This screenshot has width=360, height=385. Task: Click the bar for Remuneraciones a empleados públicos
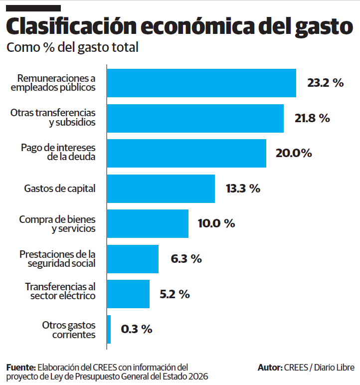[201, 83]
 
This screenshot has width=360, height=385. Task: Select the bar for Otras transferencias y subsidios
[195, 118]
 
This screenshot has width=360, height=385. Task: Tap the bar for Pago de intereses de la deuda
[186, 153]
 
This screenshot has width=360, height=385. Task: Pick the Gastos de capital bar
[161, 189]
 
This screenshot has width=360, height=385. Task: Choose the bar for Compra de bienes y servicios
[148, 223]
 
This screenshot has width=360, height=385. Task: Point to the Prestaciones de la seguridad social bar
[133, 259]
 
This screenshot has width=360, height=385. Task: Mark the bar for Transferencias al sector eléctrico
[128, 294]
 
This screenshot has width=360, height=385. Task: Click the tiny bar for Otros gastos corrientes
[109, 329]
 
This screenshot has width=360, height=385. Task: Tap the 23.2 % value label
[325, 83]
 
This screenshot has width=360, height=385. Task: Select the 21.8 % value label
[312, 118]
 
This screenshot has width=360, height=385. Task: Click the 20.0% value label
[294, 153]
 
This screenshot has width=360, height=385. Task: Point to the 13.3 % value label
[243, 189]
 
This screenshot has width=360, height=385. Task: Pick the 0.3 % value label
[136, 329]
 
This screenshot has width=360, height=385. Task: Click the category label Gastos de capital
[60, 189]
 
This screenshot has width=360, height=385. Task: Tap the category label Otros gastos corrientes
[69, 329]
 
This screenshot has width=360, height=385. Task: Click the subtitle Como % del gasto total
[72, 48]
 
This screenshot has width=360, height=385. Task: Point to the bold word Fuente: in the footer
[21, 367]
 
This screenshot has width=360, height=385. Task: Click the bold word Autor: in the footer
[269, 367]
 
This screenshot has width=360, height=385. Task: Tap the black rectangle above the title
[33, 8]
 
